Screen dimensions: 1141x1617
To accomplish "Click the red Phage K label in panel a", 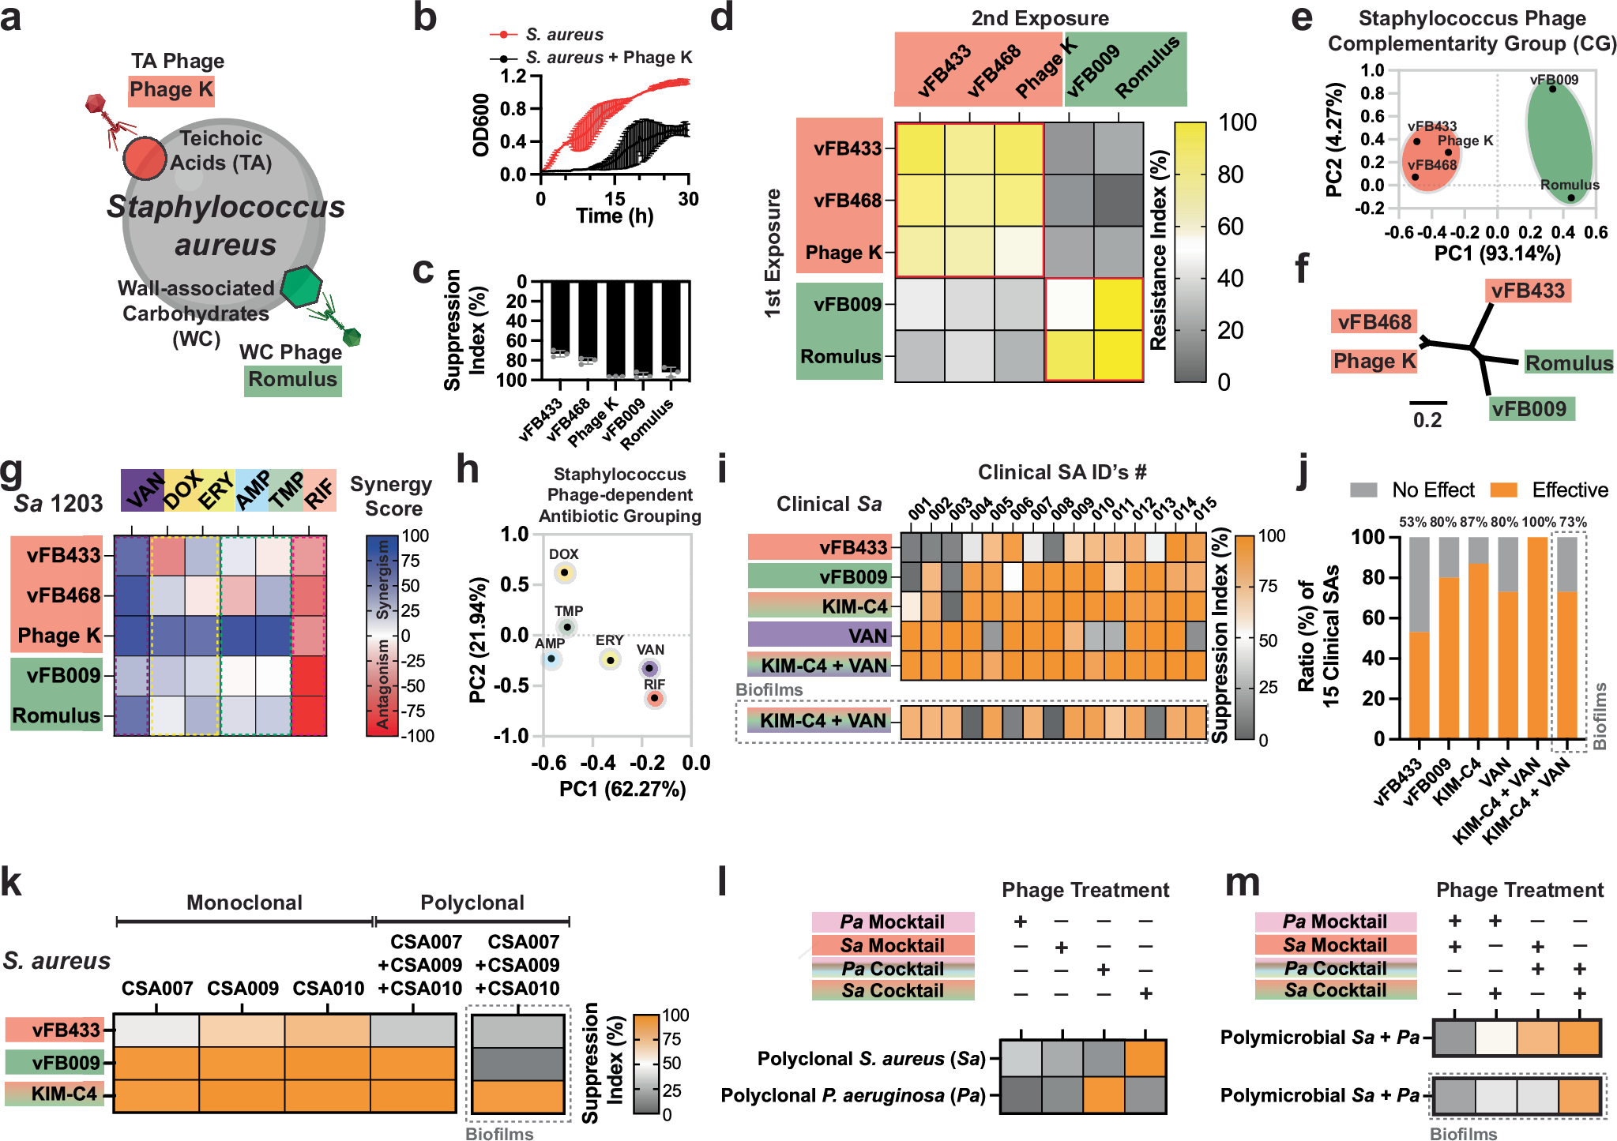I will pyautogui.click(x=171, y=90).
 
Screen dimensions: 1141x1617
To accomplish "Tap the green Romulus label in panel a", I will pyautogui.click(x=292, y=380).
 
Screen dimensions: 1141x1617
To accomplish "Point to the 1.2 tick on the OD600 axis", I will pyautogui.click(x=513, y=77).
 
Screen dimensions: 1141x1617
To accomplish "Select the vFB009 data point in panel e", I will pyautogui.click(x=1552, y=89).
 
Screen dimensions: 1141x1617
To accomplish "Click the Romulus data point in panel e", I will pyautogui.click(x=1570, y=198).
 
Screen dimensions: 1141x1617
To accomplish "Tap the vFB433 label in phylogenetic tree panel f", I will pyautogui.click(x=1528, y=291).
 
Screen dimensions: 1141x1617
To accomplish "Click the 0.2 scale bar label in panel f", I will pyautogui.click(x=1427, y=420).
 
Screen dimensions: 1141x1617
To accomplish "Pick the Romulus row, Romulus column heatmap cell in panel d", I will pyautogui.click(x=1119, y=356).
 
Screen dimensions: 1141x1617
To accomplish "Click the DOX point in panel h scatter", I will pyautogui.click(x=564, y=572).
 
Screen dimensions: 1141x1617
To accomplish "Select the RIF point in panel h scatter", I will pyautogui.click(x=654, y=698).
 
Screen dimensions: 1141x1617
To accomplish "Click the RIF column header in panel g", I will pyautogui.click(x=320, y=492).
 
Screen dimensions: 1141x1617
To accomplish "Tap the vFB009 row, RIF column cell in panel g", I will pyautogui.click(x=309, y=676).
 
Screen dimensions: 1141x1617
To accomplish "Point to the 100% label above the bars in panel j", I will pyautogui.click(x=1538, y=522).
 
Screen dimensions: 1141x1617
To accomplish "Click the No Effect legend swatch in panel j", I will pyautogui.click(x=1363, y=490).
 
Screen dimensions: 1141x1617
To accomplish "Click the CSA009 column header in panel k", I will pyautogui.click(x=243, y=989).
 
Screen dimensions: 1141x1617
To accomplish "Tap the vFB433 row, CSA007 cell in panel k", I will pyautogui.click(x=156, y=1031).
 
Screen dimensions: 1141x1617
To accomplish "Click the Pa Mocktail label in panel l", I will pyautogui.click(x=893, y=922).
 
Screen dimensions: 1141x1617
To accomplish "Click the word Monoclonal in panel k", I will pyautogui.click(x=244, y=903).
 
